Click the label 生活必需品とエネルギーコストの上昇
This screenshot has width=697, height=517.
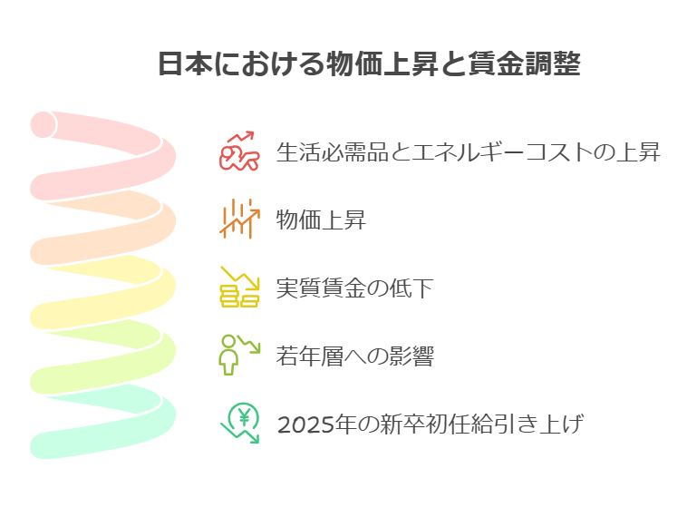(x=468, y=152)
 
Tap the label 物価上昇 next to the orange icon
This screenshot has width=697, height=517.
(x=321, y=219)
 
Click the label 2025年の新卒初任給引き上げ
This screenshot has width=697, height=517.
(x=429, y=424)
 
